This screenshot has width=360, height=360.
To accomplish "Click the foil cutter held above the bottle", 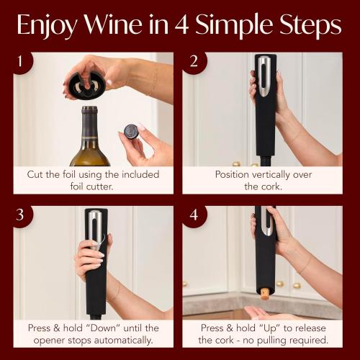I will pos(86,75).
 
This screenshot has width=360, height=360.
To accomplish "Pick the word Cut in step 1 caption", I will pos(37,174).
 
